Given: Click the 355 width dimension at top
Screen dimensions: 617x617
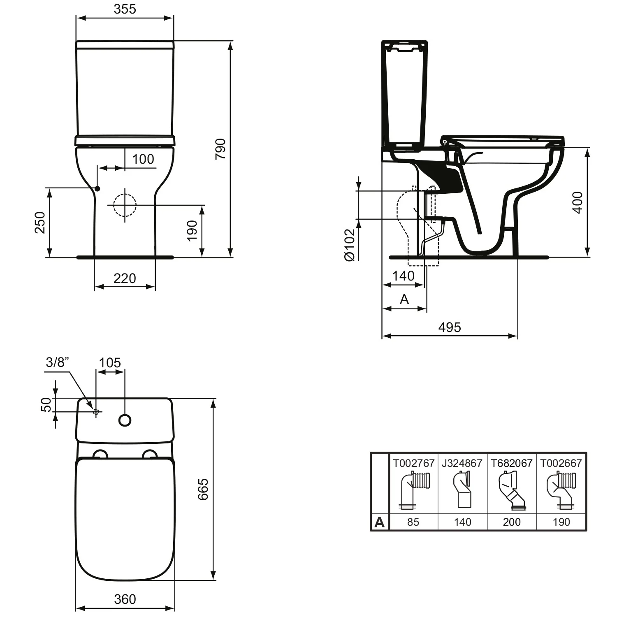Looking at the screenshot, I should click(125, 9).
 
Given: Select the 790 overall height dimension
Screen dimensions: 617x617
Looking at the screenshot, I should click(221, 149).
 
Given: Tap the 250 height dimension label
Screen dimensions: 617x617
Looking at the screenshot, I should click(40, 222).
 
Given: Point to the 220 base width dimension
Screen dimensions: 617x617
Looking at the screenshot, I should click(125, 278).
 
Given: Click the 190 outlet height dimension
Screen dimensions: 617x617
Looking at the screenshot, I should click(192, 230).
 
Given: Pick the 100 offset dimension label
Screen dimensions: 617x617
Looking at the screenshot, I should click(143, 159).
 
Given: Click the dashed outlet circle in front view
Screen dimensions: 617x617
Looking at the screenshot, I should click(125, 205).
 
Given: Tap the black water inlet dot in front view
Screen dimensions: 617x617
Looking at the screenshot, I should click(97, 188).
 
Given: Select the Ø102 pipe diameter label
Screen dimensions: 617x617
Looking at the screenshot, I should click(349, 245).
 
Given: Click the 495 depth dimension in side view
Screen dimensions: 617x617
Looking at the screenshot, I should click(450, 327).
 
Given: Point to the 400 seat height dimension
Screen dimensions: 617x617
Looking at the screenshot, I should click(578, 202).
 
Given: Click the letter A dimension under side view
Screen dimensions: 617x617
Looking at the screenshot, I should click(404, 299).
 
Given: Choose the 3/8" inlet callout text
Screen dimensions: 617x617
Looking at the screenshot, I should click(58, 362).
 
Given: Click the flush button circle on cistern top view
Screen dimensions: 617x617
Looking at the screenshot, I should click(125, 420).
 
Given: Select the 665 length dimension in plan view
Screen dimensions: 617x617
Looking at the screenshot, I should click(203, 489).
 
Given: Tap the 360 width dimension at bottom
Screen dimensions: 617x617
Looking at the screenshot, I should click(125, 599).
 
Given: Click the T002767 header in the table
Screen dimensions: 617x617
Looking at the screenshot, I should click(413, 463).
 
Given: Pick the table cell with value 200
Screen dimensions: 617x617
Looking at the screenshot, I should click(512, 522).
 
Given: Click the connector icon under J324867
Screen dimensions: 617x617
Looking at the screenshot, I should click(462, 490).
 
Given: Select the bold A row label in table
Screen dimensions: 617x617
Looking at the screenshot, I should click(380, 522).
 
